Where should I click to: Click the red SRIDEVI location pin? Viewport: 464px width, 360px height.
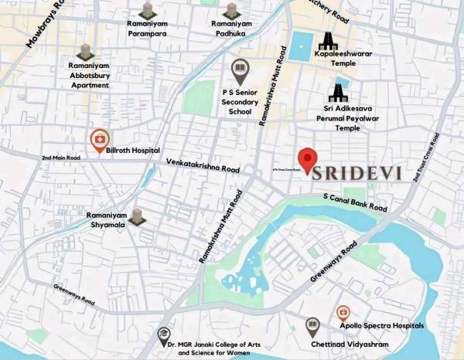(308, 159)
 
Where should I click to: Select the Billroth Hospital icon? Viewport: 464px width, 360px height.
(99, 140)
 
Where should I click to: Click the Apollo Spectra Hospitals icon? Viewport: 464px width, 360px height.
(343, 312)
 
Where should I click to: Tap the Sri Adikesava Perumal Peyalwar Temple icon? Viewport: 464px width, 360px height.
(337, 93)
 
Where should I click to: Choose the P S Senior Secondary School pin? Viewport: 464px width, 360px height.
(240, 72)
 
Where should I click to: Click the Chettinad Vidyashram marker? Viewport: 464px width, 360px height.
(312, 326)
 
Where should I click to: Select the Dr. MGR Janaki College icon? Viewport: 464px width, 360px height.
(164, 335)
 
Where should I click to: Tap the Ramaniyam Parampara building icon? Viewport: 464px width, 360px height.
(147, 11)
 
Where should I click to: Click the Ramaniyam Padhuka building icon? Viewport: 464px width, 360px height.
(230, 11)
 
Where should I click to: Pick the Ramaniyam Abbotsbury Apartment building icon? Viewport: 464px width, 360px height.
(85, 53)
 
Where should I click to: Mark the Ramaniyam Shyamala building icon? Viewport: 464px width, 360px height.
(137, 216)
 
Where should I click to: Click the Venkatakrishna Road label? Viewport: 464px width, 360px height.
(203, 164)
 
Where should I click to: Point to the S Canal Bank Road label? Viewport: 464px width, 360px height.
(355, 203)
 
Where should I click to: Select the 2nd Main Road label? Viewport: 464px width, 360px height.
(61, 158)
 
